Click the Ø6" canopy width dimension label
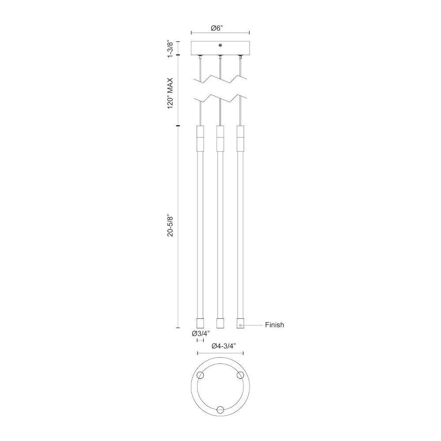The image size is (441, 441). pyautogui.click(x=217, y=28)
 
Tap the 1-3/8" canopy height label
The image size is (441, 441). pyautogui.click(x=170, y=49)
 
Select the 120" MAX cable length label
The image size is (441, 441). pyautogui.click(x=170, y=93)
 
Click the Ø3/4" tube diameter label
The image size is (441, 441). pyautogui.click(x=201, y=333)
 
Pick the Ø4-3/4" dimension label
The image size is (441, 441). pyautogui.click(x=223, y=346)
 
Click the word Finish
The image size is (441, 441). pyautogui.click(x=274, y=325)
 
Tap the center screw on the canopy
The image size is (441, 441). pyautogui.click(x=220, y=45)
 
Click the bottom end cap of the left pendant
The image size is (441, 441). pyautogui.click(x=200, y=323)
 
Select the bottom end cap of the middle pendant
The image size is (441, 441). pyautogui.click(x=220, y=323)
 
